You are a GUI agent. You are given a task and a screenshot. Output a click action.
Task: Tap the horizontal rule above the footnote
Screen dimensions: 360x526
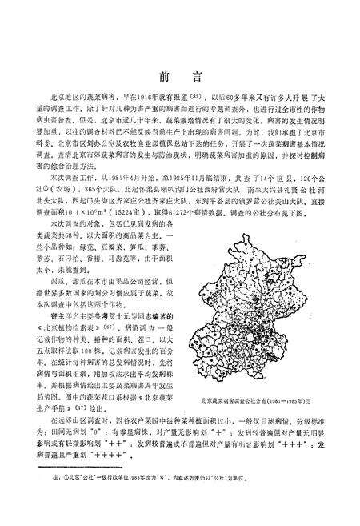coord(75,467)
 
